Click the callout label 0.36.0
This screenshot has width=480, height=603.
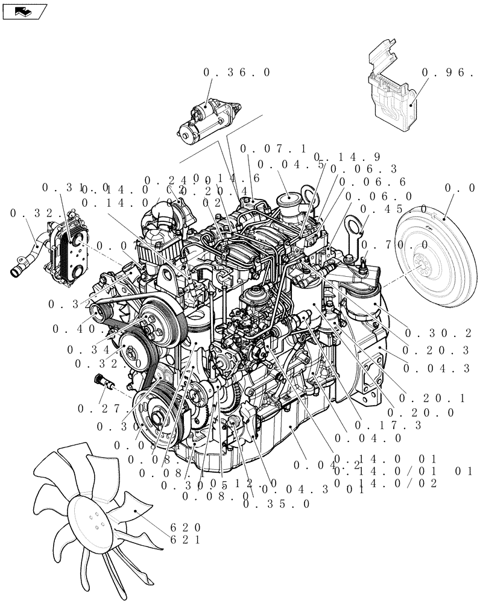229,72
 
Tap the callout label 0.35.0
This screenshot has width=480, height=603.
277,504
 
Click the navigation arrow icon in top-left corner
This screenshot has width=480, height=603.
24,10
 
